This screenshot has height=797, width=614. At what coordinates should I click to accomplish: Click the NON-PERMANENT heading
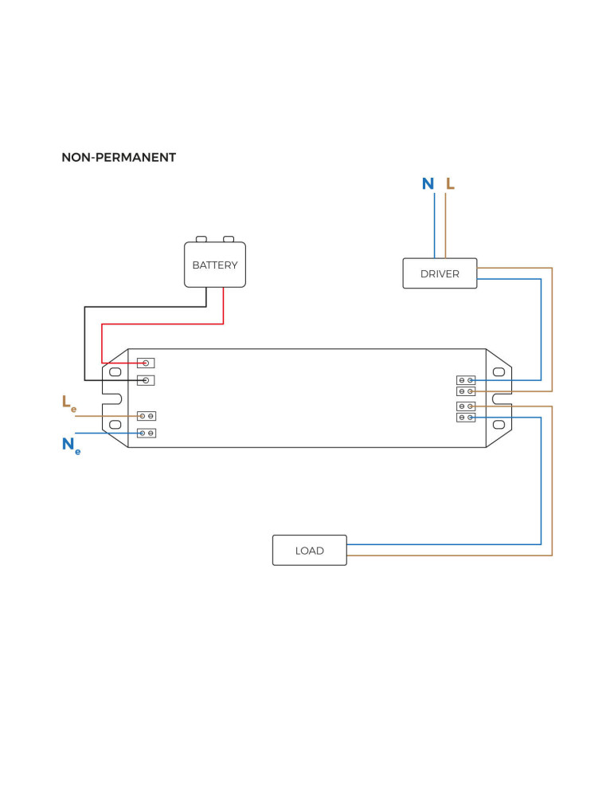(x=119, y=158)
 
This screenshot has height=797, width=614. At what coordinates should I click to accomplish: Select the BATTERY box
(x=215, y=265)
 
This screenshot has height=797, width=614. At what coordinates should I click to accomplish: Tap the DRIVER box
(x=440, y=273)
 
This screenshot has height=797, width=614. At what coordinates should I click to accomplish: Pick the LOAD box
(x=309, y=550)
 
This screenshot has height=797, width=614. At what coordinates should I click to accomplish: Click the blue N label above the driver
(x=428, y=184)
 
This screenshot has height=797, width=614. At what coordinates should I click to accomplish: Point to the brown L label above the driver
(x=450, y=184)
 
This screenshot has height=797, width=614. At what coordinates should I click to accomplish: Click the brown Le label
(x=69, y=403)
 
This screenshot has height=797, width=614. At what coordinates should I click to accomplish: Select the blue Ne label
(x=70, y=446)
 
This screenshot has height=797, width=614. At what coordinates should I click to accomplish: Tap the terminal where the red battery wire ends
(x=146, y=363)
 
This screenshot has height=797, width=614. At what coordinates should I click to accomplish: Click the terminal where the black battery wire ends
(x=146, y=380)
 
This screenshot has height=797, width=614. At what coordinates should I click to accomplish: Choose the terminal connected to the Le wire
(x=147, y=416)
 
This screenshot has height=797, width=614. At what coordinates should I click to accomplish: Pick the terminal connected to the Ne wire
(x=147, y=433)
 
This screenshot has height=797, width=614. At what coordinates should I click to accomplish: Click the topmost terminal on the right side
(x=466, y=380)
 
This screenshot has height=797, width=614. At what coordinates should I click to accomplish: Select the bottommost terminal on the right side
(x=466, y=417)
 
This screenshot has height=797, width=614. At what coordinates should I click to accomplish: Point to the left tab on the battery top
(x=201, y=238)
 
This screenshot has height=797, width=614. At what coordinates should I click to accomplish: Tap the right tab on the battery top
(x=229, y=238)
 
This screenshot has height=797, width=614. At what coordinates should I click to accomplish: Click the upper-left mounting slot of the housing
(x=115, y=371)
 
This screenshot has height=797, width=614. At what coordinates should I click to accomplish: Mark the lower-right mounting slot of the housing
(x=499, y=424)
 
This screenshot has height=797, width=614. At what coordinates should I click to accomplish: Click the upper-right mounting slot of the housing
(x=499, y=371)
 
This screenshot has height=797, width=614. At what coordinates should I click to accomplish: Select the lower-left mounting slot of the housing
(x=115, y=424)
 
